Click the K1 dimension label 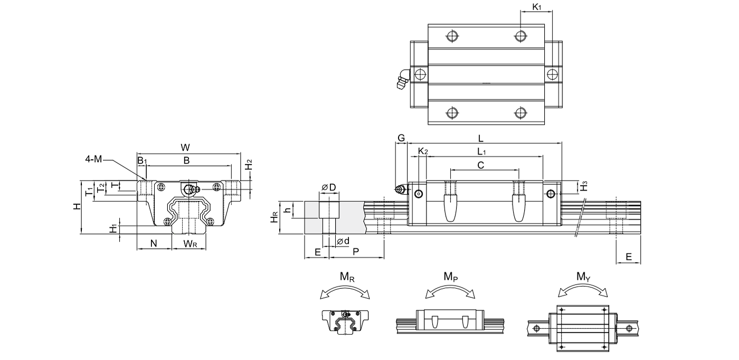(537, 7)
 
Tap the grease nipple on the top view (403, 79)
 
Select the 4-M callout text (94, 159)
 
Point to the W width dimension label (185, 147)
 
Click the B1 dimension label (142, 160)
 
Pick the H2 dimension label (249, 164)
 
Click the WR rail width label (191, 244)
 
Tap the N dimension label (154, 243)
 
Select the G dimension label (401, 138)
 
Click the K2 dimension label (423, 151)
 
